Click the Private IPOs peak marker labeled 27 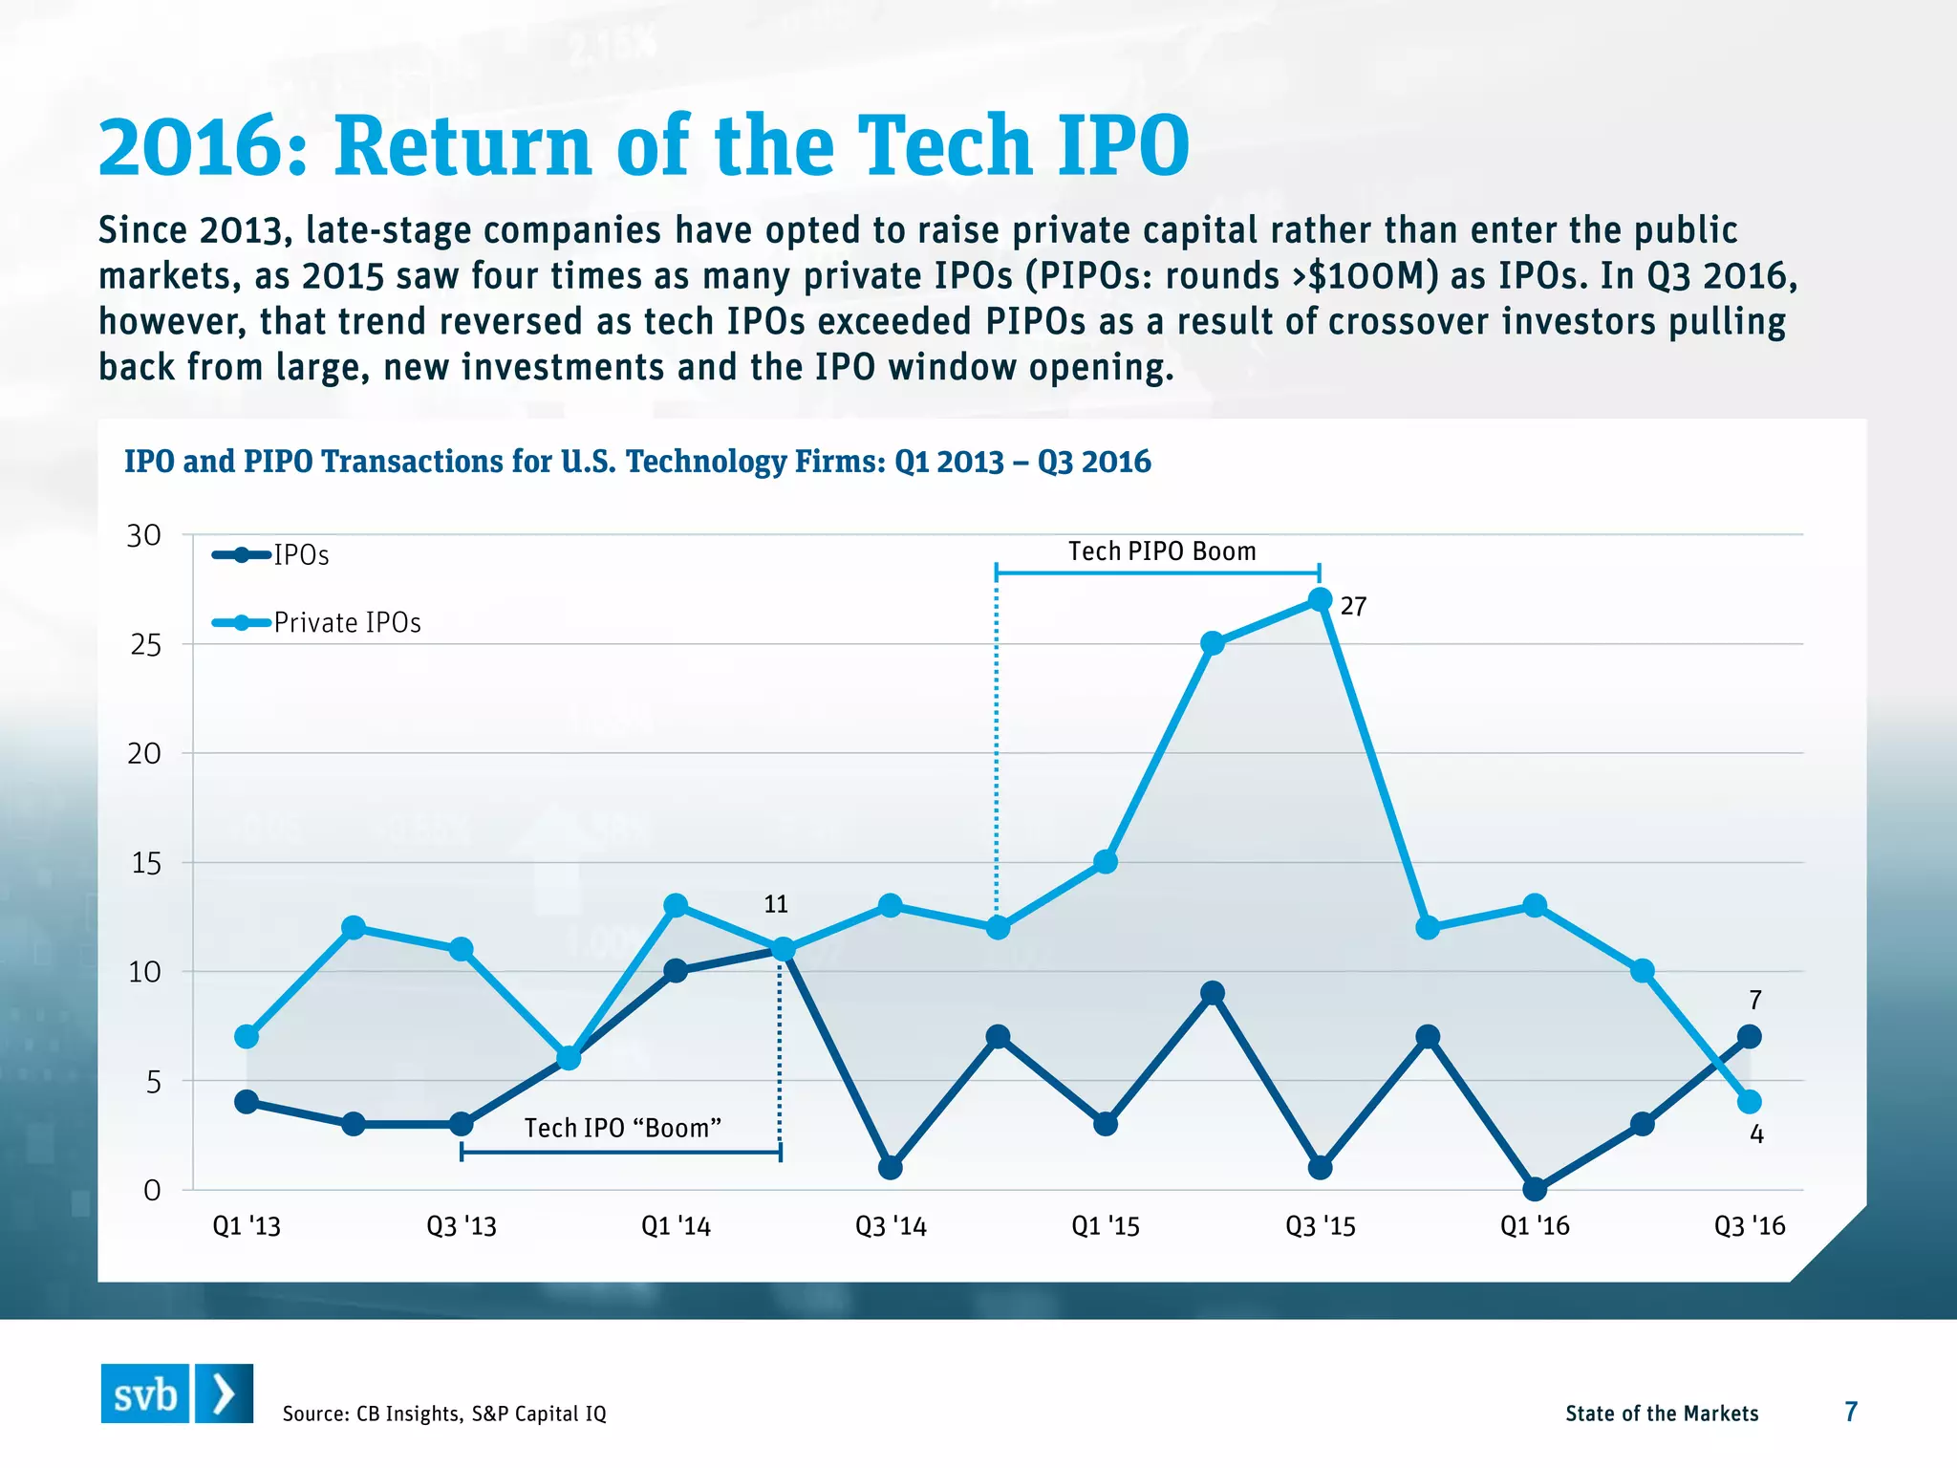coord(1320,600)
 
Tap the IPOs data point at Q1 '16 coord(1535,1189)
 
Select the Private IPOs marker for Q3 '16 coord(1750,1102)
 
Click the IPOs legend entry coord(271,555)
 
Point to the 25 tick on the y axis coord(146,645)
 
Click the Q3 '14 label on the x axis coord(891,1226)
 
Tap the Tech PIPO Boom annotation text coord(1162,551)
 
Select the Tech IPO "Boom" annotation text coord(622,1129)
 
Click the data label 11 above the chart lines coord(776,904)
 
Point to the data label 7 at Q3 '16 coord(1755,1001)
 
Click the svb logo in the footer coord(177,1394)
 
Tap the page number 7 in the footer coord(1851,1412)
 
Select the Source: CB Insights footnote coord(444,1414)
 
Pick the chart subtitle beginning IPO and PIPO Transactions coord(637,462)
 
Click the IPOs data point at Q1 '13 coord(247,1102)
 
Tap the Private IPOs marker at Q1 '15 coord(1106,862)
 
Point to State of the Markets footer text coord(1662,1414)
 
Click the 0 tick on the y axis coord(152,1191)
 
